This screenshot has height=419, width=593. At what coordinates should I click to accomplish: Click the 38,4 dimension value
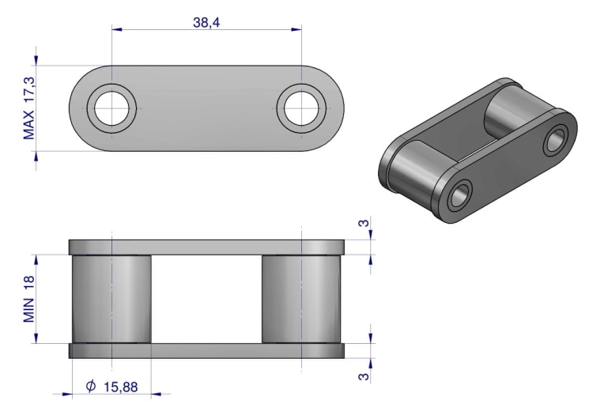(206, 22)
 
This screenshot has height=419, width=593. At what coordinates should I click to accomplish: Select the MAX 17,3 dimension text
(29, 108)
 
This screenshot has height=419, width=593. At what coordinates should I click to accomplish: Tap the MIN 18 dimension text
(29, 299)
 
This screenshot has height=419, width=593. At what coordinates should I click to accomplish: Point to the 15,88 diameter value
(121, 387)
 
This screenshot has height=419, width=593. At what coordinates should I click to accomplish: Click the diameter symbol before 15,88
(91, 386)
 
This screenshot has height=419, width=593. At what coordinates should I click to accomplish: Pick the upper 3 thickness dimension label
(363, 223)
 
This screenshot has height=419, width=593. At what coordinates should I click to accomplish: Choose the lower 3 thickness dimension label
(363, 376)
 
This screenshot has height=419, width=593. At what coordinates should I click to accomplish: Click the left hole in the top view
(112, 108)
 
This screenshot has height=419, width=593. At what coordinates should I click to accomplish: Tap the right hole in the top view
(301, 108)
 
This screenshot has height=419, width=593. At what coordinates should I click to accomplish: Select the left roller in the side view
(111, 299)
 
